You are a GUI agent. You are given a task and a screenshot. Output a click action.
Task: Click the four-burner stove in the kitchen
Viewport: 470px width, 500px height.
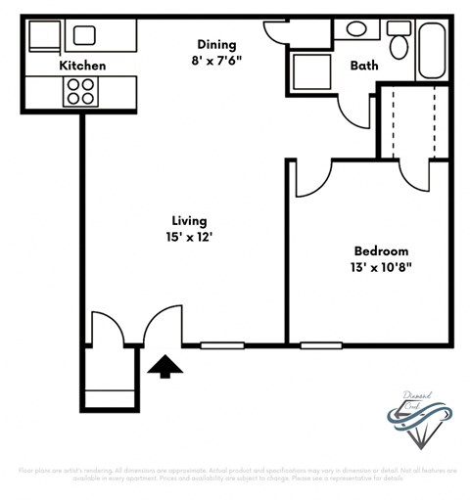(80, 91)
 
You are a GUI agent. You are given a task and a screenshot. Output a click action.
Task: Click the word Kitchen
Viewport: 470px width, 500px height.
(82, 66)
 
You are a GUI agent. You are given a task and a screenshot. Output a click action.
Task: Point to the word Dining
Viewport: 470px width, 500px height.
(216, 43)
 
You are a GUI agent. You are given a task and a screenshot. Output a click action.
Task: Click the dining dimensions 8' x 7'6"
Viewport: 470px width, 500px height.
(216, 60)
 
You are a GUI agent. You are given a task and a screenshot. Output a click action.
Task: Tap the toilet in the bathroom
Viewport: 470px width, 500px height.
(399, 43)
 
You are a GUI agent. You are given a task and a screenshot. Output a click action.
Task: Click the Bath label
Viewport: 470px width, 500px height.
(364, 67)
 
